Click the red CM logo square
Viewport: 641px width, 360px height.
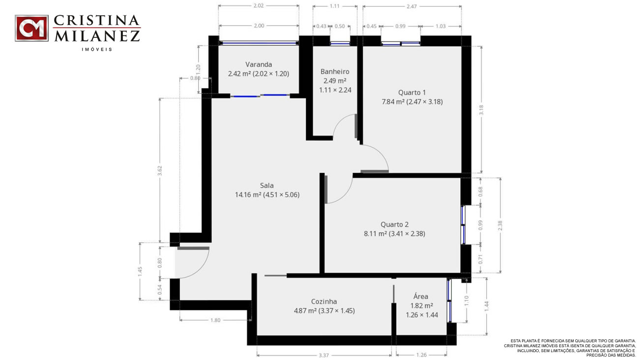[x=31, y=28]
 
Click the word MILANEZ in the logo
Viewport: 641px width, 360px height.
[x=97, y=36]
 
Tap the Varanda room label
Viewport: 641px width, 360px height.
[x=259, y=64]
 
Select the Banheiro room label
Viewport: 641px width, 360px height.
[x=335, y=72]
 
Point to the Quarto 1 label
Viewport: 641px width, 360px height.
[x=412, y=92]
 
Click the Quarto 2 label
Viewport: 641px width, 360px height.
[x=394, y=225]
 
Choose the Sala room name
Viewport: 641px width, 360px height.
[x=267, y=185]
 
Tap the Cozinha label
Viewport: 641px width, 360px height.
[x=324, y=301]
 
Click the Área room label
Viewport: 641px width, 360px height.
[x=421, y=296]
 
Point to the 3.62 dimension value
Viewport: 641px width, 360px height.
[x=160, y=171]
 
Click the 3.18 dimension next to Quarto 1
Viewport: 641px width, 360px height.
[x=481, y=110]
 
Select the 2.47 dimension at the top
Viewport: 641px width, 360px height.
[x=412, y=6]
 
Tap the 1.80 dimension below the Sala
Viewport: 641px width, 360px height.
[x=215, y=320]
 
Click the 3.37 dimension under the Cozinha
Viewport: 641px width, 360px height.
[x=324, y=356]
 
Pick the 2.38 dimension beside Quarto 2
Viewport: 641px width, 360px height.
[x=500, y=226]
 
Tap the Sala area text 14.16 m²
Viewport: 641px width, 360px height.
[x=248, y=195]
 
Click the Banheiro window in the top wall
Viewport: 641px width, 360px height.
[x=340, y=44]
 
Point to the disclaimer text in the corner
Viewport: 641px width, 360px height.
[x=569, y=348]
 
